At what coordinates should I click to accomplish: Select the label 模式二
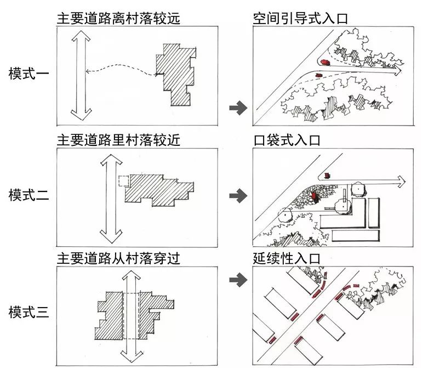tap(29, 194)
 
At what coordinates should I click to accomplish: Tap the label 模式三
tap(29, 313)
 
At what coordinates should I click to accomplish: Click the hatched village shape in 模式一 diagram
tap(177, 75)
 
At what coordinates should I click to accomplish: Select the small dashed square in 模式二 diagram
tap(124, 182)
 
